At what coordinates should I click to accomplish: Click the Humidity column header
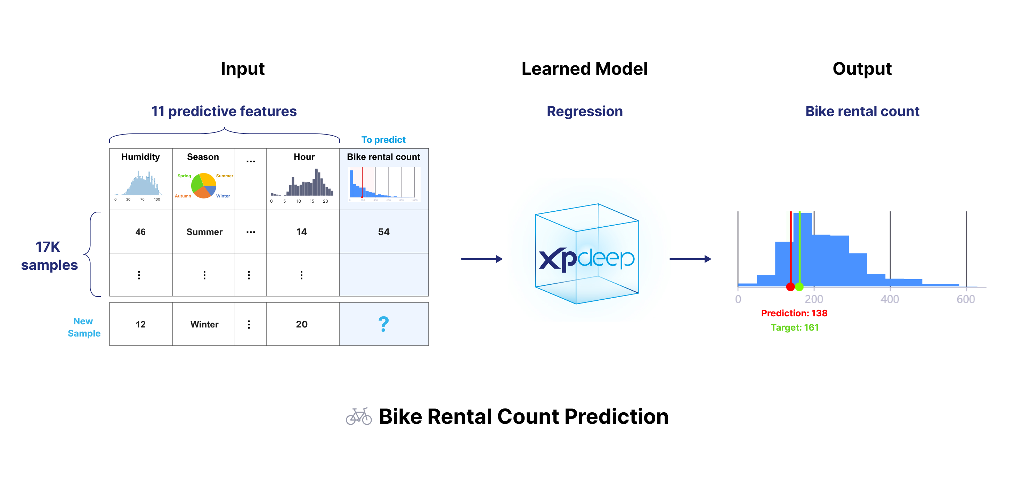(x=140, y=157)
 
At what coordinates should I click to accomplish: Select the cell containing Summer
(x=204, y=232)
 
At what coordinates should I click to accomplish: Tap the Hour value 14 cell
(x=301, y=232)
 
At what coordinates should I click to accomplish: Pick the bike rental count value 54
(x=383, y=232)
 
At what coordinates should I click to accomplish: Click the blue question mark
(x=383, y=324)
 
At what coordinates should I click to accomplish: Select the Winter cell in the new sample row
(x=204, y=324)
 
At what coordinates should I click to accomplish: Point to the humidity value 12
(x=140, y=324)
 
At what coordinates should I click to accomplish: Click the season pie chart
(x=203, y=186)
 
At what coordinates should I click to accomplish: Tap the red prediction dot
(x=790, y=287)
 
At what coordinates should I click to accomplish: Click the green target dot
(x=799, y=287)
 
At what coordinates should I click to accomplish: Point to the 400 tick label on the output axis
(x=890, y=300)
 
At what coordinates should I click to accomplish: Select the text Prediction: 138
(x=794, y=313)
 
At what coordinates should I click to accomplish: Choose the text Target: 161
(x=794, y=327)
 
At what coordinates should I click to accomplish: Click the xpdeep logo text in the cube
(x=586, y=259)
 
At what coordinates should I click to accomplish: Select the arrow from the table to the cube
(x=481, y=259)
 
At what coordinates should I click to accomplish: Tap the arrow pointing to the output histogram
(x=690, y=259)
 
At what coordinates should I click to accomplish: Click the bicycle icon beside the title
(x=359, y=416)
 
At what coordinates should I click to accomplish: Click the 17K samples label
(x=49, y=256)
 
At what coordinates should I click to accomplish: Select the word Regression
(x=584, y=112)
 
